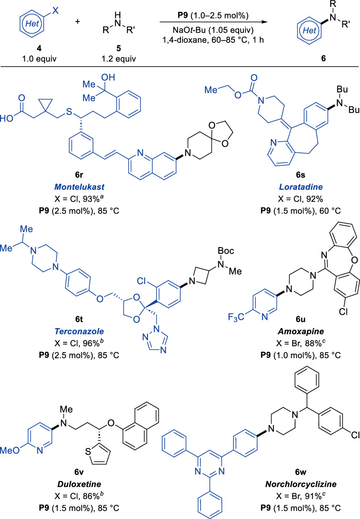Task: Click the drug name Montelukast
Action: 79,187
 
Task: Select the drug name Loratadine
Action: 301,187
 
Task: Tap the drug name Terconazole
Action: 79,331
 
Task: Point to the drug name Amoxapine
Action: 301,331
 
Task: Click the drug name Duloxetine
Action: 79,484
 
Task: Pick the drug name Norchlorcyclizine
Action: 301,484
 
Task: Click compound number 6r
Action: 79,175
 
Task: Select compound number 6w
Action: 301,472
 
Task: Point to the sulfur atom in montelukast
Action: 69,112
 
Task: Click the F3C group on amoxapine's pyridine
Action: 236,317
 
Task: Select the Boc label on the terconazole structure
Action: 226,251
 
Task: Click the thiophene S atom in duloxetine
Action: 88,452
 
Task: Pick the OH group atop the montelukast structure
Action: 108,77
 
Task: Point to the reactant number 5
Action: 118,48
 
